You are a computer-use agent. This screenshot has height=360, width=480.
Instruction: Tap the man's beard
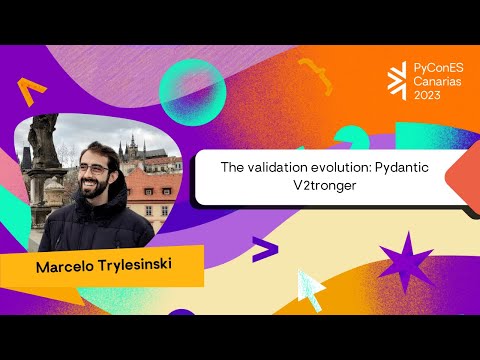click(93, 191)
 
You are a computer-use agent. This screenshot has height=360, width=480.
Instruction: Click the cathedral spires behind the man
click(132, 150)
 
